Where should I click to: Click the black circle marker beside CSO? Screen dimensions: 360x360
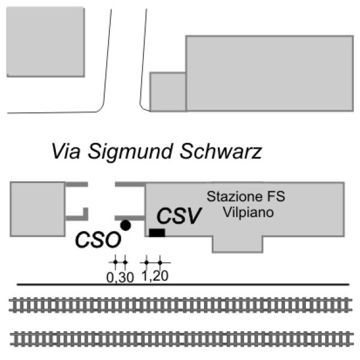pyautogui.click(x=125, y=225)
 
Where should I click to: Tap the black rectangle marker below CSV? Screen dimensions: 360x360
pyautogui.click(x=157, y=233)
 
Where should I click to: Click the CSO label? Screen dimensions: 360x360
pyautogui.click(x=98, y=240)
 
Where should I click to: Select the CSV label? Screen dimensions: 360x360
pyautogui.click(x=179, y=215)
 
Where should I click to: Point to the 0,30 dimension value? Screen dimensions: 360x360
pyautogui.click(x=120, y=278)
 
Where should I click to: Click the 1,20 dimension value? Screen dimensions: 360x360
pyautogui.click(x=155, y=276)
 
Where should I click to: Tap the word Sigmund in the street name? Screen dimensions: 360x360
pyautogui.click(x=130, y=152)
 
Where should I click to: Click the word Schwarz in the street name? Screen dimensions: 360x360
pyautogui.click(x=221, y=151)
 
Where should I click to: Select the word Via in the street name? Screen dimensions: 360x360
pyautogui.click(x=66, y=151)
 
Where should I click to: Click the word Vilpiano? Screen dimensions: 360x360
pyautogui.click(x=248, y=212)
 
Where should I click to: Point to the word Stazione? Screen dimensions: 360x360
pyautogui.click(x=234, y=197)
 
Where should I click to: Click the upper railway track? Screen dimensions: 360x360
pyautogui.click(x=180, y=305)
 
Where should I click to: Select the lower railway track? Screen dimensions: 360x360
pyautogui.click(x=182, y=338)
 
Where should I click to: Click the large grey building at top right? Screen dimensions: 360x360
pyautogui.click(x=269, y=73)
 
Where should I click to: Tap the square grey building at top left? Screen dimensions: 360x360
pyautogui.click(x=46, y=42)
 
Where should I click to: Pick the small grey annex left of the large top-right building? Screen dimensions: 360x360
pyautogui.click(x=168, y=92)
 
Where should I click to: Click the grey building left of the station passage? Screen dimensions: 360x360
pyautogui.click(x=38, y=209)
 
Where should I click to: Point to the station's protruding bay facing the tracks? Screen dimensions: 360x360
pyautogui.click(x=238, y=244)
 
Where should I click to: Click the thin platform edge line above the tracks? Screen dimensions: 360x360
pyautogui.click(x=183, y=284)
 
